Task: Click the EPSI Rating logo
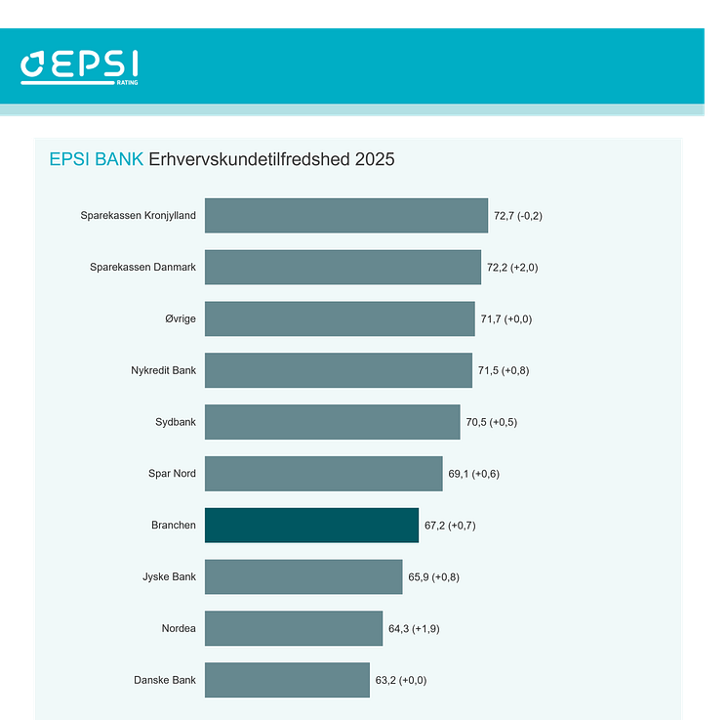point(79,66)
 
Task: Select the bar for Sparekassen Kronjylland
point(345,216)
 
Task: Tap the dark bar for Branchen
point(311,525)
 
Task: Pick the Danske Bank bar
point(287,680)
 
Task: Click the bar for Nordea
point(294,628)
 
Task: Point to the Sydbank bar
point(332,422)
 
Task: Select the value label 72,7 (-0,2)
point(518,216)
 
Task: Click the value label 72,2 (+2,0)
point(511,268)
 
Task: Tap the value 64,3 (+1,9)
point(414,628)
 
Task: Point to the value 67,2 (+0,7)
point(450,526)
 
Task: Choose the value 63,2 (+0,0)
point(401,680)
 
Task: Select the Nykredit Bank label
point(163,370)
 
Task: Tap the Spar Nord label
point(172,474)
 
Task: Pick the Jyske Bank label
point(169,576)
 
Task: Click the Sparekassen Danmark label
point(142,268)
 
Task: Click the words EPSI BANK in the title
point(97,159)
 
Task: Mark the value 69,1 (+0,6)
point(474,474)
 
